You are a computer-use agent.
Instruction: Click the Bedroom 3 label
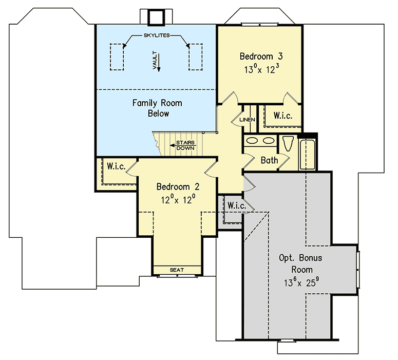261,56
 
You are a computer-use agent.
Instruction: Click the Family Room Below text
157,108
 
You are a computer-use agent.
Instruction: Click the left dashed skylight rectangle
117,56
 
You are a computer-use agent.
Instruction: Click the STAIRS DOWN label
185,145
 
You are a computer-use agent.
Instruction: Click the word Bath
269,160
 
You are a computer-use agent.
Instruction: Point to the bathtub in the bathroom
308,154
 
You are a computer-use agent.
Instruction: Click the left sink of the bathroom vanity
253,140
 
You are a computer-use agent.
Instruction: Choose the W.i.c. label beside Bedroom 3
282,116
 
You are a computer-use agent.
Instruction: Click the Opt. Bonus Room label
295,262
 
